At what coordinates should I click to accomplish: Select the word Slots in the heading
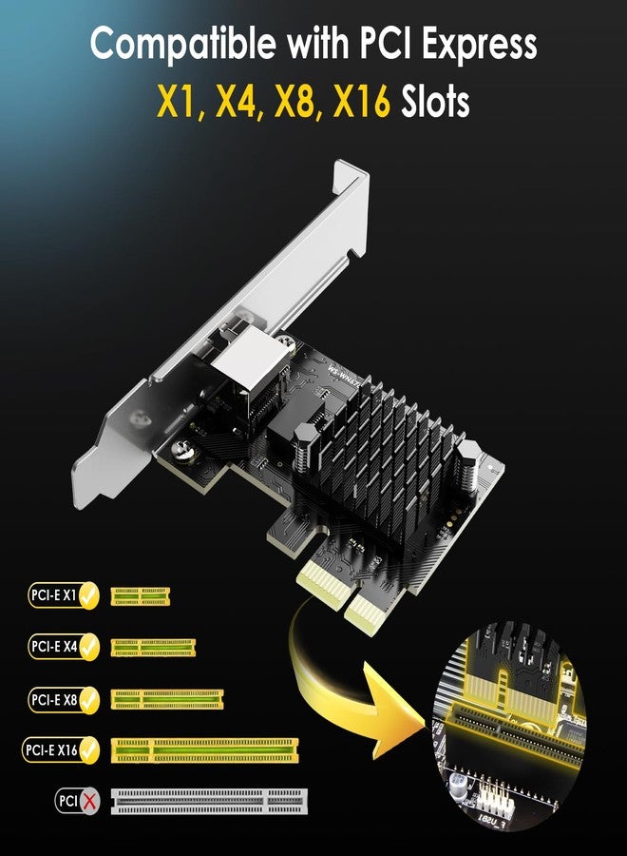click(x=432, y=101)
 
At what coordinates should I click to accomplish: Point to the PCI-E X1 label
click(x=54, y=597)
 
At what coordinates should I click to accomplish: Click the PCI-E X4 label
click(x=54, y=648)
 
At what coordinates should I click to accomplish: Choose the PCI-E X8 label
click(x=54, y=700)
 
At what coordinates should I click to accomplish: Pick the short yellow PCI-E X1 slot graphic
click(x=141, y=597)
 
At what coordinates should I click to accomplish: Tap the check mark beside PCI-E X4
click(x=90, y=648)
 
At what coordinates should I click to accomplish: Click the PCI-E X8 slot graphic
click(x=166, y=700)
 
